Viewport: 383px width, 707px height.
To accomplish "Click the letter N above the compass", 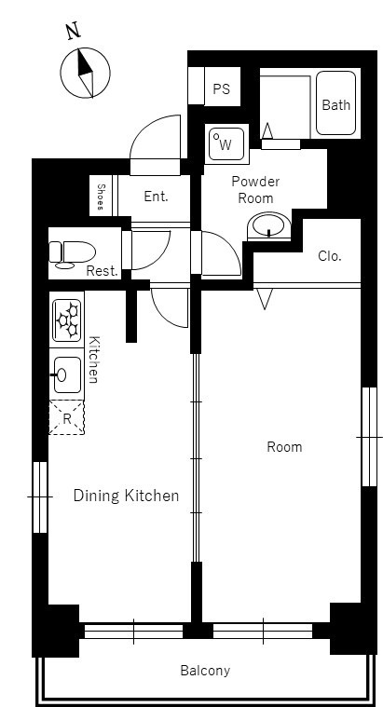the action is click(x=73, y=31).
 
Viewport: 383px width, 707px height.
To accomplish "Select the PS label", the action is click(x=222, y=88).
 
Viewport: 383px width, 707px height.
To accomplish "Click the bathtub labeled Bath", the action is click(x=335, y=103).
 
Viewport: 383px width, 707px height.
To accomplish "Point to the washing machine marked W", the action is click(x=226, y=144).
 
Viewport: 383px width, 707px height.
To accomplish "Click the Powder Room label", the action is click(x=255, y=189).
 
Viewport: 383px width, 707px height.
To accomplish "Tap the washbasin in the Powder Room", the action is click(x=269, y=226).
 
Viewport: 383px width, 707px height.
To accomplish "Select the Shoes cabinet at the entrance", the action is click(x=101, y=196).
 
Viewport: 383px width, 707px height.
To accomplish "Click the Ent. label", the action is click(x=156, y=197).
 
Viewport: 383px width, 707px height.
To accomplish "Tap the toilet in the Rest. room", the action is click(x=72, y=254).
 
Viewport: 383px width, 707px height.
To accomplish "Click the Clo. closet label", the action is click(x=329, y=255).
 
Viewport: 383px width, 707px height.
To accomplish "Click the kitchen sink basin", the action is click(x=67, y=374).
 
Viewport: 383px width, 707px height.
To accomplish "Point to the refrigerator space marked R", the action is click(x=67, y=417).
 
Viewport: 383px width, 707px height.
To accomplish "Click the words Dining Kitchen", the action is click(x=126, y=496).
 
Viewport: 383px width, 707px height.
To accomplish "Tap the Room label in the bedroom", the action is click(x=284, y=447).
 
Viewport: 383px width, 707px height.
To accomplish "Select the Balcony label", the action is click(x=205, y=671).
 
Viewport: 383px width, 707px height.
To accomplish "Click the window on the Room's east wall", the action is click(x=369, y=437).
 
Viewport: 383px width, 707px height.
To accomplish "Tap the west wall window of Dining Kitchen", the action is click(x=40, y=496).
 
